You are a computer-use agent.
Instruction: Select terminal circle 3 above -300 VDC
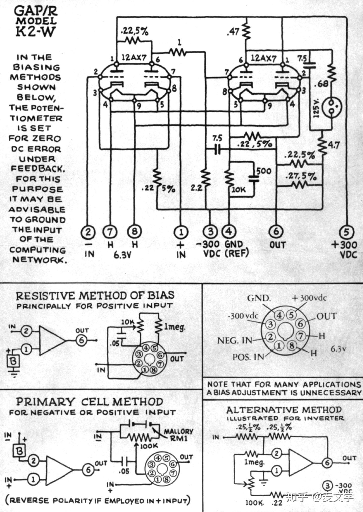211,232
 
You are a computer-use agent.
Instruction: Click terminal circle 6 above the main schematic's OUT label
276,232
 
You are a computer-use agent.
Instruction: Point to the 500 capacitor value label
264,171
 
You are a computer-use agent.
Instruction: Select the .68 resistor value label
323,84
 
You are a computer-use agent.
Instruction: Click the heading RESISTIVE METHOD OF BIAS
95,295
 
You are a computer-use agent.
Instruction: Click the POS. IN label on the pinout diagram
248,357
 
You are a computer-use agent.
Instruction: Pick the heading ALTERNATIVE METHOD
284,410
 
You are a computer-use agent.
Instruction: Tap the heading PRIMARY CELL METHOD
89,402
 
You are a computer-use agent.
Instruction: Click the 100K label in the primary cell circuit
149,446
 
